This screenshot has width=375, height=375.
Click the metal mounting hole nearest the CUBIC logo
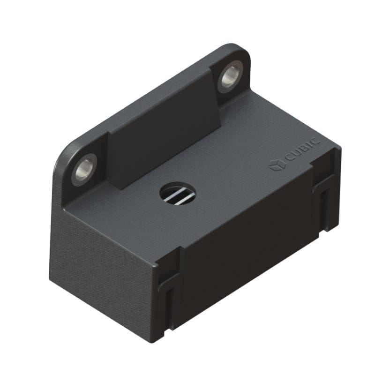[x=229, y=76]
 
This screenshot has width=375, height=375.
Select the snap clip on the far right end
[x=326, y=197]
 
